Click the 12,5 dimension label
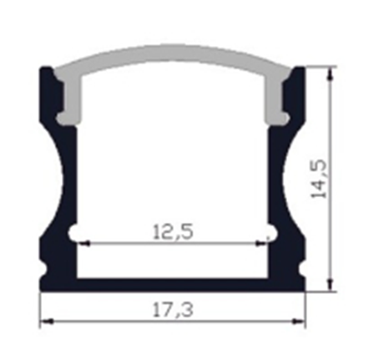pos(173,232)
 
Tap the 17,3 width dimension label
pos(173,310)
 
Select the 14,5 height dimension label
pos(319,179)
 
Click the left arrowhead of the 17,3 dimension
pos(47,322)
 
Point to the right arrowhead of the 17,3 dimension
pos(298,322)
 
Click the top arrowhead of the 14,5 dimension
pos(331,74)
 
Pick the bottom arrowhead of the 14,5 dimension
pos(331,285)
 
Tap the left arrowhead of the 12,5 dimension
pos(83,244)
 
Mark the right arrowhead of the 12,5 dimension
pos(261,244)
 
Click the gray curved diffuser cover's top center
pos(173,53)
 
